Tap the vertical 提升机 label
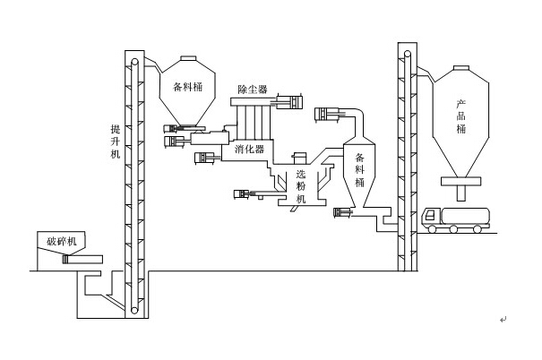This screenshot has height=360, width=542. point(114,141)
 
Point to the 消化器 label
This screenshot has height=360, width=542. point(250,149)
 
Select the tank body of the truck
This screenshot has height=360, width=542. point(468,214)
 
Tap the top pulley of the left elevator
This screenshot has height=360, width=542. point(133,62)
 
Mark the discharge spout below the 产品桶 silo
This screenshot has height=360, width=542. point(462,189)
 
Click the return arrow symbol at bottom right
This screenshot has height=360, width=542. point(503,320)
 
